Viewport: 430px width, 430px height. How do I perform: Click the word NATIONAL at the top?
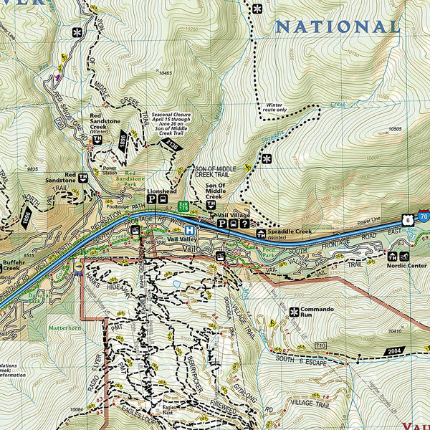pyautogui.click(x=338, y=27)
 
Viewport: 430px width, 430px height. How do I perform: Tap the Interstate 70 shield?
pyautogui.click(x=424, y=216)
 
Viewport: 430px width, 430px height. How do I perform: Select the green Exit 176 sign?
pyautogui.click(x=183, y=205)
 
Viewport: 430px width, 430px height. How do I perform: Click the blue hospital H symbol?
pyautogui.click(x=188, y=230)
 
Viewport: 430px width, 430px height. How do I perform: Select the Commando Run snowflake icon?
pyautogui.click(x=294, y=311)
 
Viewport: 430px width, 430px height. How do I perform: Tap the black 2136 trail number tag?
pyautogui.click(x=171, y=147)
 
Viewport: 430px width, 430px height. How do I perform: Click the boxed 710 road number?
pyautogui.click(x=320, y=346)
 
